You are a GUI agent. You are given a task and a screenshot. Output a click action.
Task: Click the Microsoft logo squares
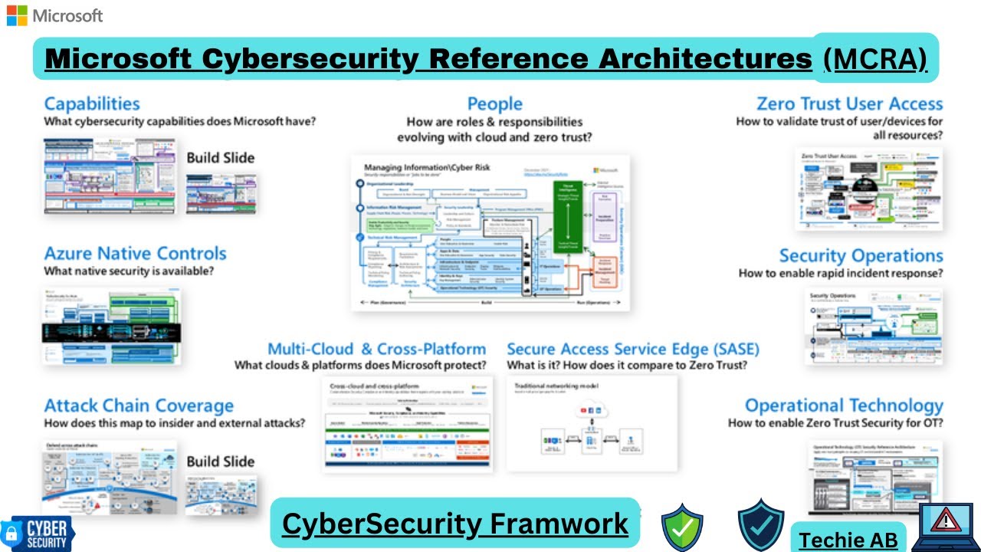(17, 15)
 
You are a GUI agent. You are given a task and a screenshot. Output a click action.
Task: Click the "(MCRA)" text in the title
(874, 58)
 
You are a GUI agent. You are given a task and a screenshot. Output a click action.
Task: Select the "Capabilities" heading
(92, 103)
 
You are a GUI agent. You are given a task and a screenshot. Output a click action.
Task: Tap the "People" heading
(494, 103)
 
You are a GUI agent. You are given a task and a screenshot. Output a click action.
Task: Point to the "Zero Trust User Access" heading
(849, 103)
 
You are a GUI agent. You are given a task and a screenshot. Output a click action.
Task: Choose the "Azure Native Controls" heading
(135, 253)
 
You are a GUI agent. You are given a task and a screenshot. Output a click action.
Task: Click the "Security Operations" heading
(861, 255)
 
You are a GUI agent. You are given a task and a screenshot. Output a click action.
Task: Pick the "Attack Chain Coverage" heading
(139, 406)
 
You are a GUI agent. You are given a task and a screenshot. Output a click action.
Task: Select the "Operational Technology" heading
(844, 406)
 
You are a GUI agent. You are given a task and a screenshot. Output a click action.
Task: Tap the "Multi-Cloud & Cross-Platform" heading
(376, 350)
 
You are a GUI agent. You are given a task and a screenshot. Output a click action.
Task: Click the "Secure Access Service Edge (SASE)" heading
(633, 350)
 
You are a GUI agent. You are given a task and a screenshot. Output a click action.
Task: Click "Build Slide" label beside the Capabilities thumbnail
(221, 158)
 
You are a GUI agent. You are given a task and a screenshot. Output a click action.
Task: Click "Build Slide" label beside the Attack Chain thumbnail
(221, 462)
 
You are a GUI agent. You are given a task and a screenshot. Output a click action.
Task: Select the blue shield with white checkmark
(760, 525)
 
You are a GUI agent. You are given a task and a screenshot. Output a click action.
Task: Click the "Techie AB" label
(848, 540)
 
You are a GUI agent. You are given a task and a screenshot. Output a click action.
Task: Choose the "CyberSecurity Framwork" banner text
(454, 524)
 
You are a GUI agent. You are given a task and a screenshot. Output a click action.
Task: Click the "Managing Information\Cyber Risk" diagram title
(426, 167)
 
